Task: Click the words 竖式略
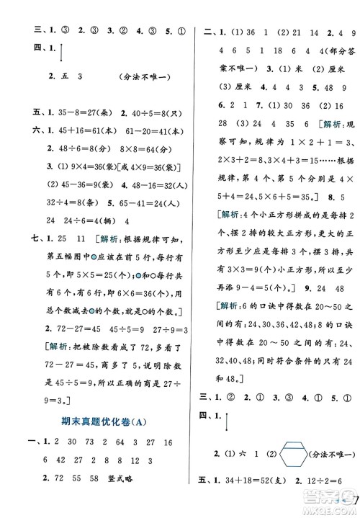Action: (135, 481)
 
